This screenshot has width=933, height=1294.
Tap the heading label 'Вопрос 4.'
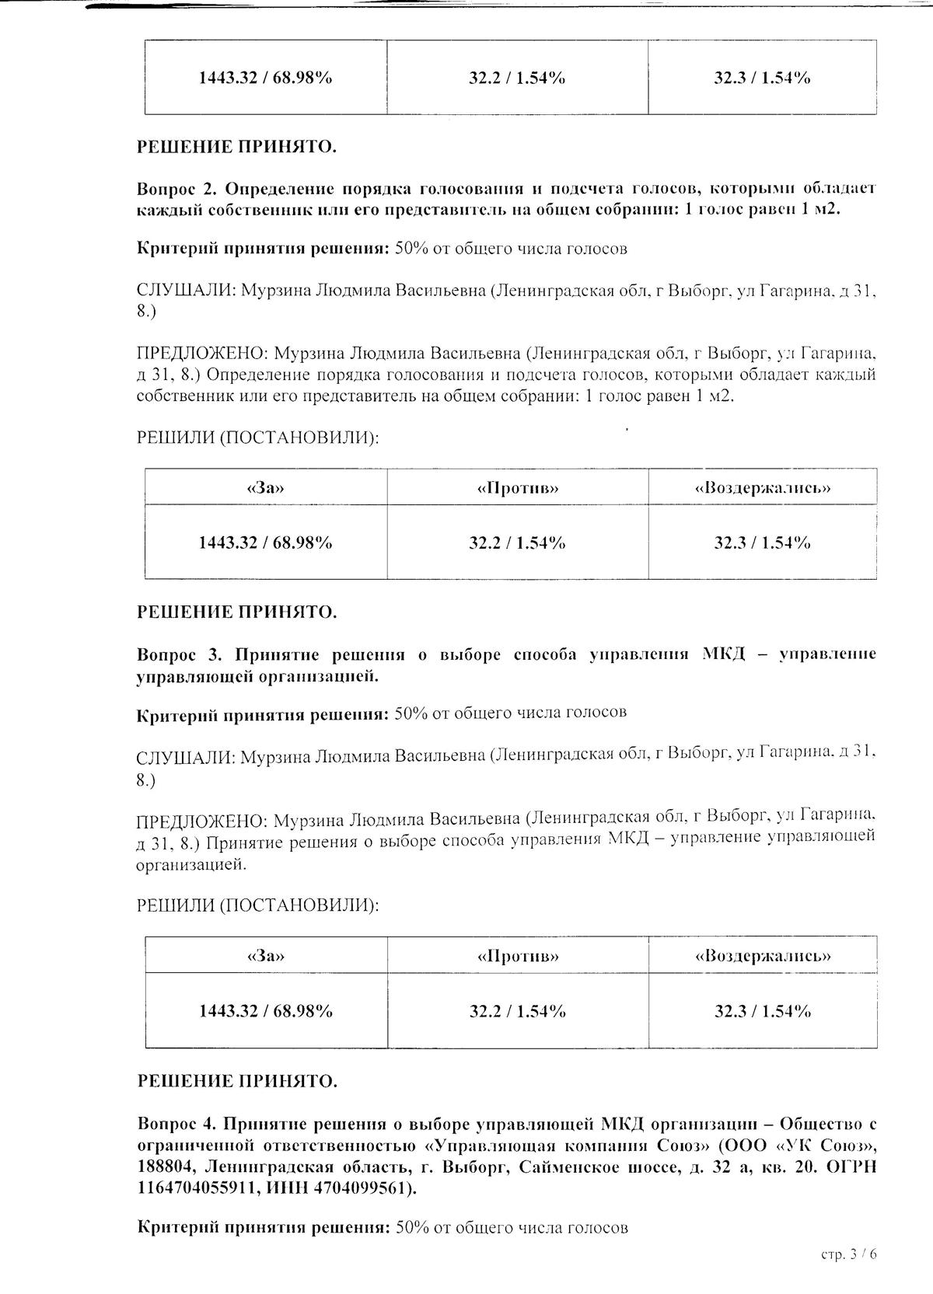[x=176, y=1124]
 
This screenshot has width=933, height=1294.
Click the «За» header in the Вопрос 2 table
[x=265, y=488]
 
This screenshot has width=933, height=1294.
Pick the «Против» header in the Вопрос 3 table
[x=518, y=956]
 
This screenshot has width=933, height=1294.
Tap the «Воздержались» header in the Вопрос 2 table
[x=763, y=488]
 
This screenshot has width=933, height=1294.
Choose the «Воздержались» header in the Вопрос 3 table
[x=763, y=956]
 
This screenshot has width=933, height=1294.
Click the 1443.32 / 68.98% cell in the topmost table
[x=265, y=78]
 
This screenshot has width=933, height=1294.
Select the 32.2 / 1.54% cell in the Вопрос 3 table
[x=518, y=1011]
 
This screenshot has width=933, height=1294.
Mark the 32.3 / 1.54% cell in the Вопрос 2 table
[x=763, y=542]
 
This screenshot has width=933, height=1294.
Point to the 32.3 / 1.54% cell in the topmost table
[x=763, y=78]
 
